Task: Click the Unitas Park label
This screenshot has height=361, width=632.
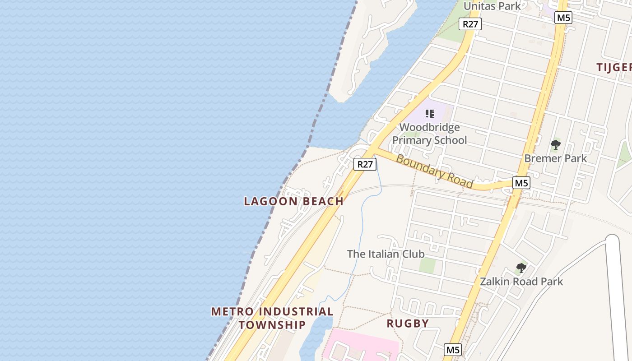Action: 492,6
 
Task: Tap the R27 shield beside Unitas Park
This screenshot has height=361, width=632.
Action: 470,24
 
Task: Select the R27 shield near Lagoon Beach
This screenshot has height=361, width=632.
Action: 365,164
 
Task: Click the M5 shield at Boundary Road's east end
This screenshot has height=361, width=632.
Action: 521,183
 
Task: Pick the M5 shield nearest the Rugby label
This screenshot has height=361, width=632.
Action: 453,349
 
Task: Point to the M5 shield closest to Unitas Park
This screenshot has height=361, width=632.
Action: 564,18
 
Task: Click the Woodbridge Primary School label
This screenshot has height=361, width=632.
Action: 429,134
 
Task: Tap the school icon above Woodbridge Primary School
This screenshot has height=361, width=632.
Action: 429,114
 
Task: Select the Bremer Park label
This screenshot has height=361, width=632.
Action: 555,158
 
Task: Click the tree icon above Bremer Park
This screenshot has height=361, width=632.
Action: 555,145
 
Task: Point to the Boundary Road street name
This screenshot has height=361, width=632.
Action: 435,171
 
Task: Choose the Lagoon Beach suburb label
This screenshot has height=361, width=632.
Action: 293,201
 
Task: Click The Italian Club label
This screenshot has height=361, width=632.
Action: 386,254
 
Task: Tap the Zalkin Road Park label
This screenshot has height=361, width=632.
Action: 521,282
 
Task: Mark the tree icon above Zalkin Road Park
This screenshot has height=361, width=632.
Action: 521,268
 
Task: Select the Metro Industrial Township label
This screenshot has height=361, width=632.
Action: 272,318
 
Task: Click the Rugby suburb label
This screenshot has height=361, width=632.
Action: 408,323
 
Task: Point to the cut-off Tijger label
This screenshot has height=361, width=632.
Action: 614,67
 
